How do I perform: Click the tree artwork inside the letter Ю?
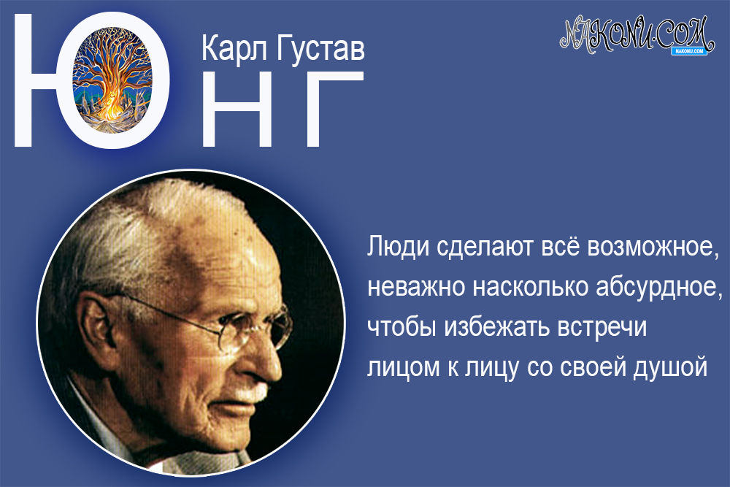(120, 80)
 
